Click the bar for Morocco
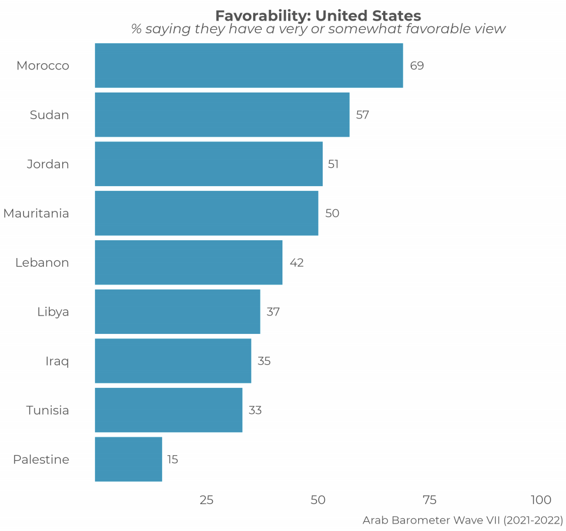(248, 66)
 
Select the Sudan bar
(222, 115)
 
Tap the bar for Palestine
(128, 459)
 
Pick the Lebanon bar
(189, 263)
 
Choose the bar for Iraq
(173, 361)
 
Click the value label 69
(417, 66)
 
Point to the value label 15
(173, 460)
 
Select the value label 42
(297, 263)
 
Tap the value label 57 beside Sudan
(362, 115)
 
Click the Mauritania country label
(36, 214)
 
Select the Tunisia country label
(48, 410)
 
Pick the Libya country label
(53, 312)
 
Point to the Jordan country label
(48, 164)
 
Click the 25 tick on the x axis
(206, 500)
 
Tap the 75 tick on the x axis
(430, 500)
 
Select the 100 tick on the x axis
(541, 500)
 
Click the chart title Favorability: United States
(318, 16)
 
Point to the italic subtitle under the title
(318, 29)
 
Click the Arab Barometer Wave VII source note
(462, 521)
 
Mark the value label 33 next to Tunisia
(255, 410)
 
